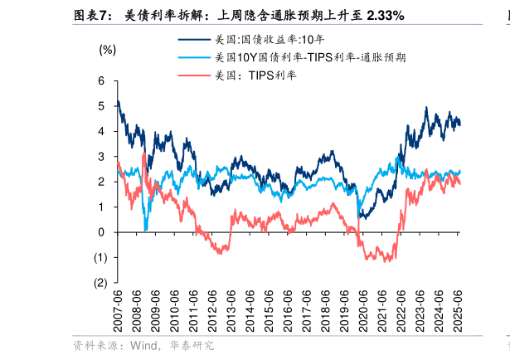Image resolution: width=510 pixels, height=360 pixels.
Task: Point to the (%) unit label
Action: tap(107, 49)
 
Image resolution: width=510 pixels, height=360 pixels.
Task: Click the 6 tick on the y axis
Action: tap(101, 81)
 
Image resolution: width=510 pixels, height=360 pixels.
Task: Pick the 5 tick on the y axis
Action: tap(101, 106)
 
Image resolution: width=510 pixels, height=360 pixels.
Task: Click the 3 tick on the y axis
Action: tap(101, 157)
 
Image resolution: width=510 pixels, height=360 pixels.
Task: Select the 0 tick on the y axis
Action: tap(101, 232)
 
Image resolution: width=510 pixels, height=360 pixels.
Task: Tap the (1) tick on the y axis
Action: tap(100, 257)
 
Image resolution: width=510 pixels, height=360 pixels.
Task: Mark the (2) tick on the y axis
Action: tap(100, 283)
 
